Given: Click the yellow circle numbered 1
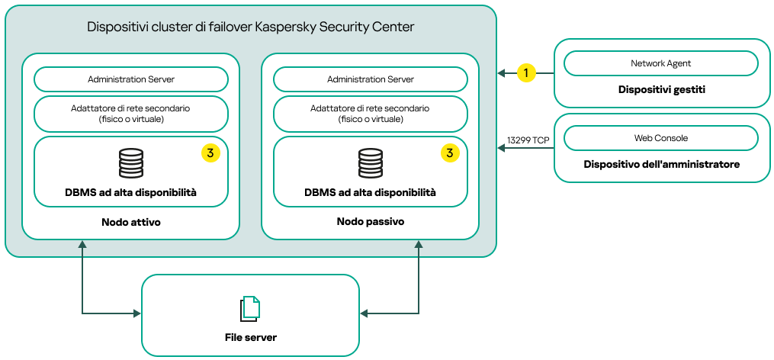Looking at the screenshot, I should pos(525,72).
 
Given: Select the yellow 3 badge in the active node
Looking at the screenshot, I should pos(210,153).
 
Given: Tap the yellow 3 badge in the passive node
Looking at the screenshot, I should pos(450,153).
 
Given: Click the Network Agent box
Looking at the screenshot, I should pos(661,63).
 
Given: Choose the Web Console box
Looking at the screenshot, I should pos(661,138).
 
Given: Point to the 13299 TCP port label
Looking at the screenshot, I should pos(528,140).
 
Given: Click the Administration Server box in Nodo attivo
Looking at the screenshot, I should pos(131,79).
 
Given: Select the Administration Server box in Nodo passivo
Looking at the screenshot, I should pos(371,79).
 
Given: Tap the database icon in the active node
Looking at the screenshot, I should pos(131,162).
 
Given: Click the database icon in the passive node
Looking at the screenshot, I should pos(371,162).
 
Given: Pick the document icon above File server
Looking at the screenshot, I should pos(250,308).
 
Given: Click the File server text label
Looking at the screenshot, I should pos(250,337).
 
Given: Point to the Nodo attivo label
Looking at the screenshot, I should pos(131,221).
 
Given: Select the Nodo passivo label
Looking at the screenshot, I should pos(371,221).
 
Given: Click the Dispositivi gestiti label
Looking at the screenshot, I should pos(661,90).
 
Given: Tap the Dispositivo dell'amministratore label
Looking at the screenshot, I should pos(661,164).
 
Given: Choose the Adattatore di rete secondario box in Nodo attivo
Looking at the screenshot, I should pos(131,114).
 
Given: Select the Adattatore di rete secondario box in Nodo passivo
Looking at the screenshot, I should pos(371,114).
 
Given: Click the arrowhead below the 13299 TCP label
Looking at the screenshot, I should pos(502,149).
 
